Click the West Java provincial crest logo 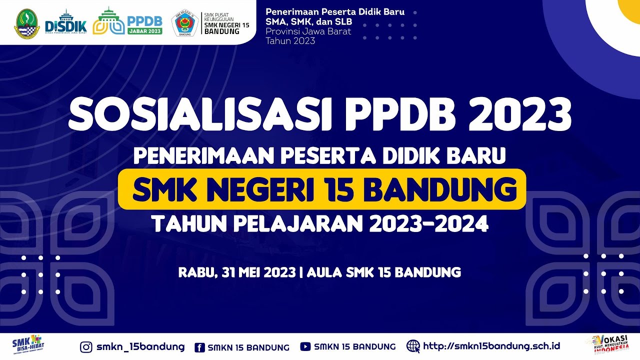[x=26, y=22]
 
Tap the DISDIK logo [x=65, y=22]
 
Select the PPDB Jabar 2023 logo [x=128, y=21]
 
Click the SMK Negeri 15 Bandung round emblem [x=184, y=23]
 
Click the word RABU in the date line [x=196, y=272]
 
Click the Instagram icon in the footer [x=86, y=346]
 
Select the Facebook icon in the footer [x=199, y=347]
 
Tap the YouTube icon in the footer [x=305, y=346]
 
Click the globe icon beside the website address [x=413, y=346]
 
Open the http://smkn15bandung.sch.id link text [x=491, y=346]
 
